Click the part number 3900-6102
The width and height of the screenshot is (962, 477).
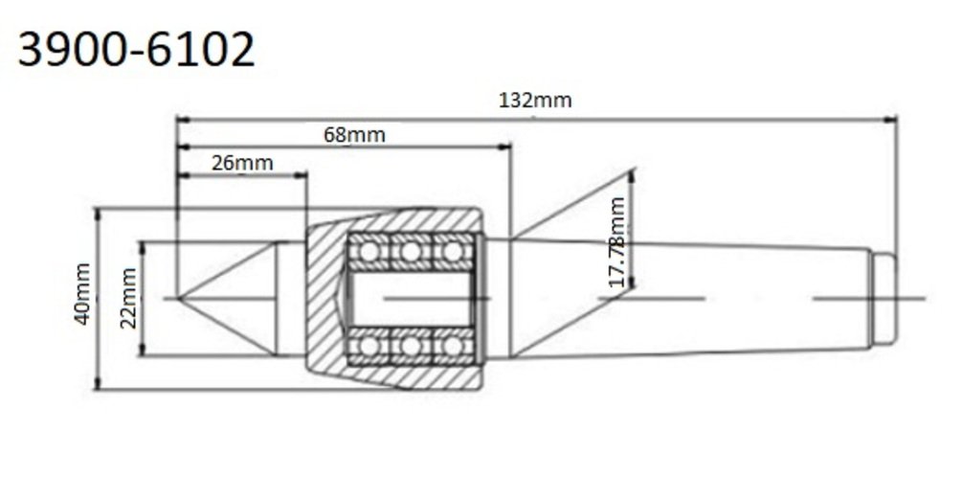point(136,50)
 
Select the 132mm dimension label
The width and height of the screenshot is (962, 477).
point(535,100)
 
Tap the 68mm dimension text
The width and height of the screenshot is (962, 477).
point(354,134)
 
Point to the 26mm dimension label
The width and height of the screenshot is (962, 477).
point(242,163)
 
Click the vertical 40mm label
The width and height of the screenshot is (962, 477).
point(82,293)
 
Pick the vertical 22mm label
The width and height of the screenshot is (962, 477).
point(129,298)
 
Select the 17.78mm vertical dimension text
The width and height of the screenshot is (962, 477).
point(617,242)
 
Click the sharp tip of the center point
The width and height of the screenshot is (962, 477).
point(178,298)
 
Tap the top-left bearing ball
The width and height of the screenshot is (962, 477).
point(369,251)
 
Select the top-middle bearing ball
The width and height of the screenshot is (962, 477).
point(411,251)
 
